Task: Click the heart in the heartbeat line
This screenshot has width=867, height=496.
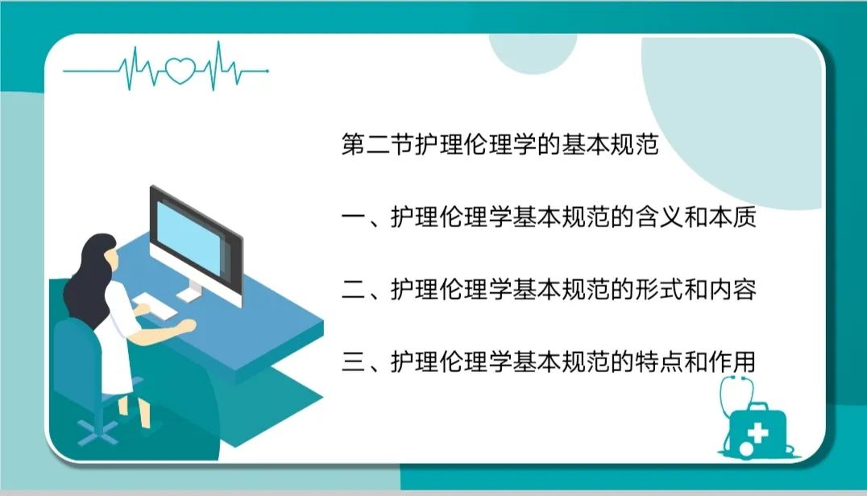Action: coord(180,71)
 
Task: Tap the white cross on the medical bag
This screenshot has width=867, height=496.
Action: coord(758,432)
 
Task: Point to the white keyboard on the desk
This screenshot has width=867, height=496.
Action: coord(154,305)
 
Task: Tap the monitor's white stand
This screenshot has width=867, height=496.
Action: coord(191,291)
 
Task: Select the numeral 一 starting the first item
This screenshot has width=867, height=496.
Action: coord(353,217)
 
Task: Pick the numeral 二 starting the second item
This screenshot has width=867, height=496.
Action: coord(353,290)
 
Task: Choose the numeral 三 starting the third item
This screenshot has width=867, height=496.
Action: coord(353,362)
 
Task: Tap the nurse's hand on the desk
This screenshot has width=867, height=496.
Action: coord(189,325)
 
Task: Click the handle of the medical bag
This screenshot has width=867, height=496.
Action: coord(757,407)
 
